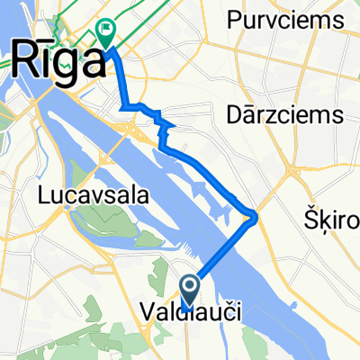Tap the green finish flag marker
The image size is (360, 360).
click(106, 33)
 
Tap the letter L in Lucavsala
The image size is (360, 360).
click(42, 193)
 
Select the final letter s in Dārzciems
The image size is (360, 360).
click(340, 115)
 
